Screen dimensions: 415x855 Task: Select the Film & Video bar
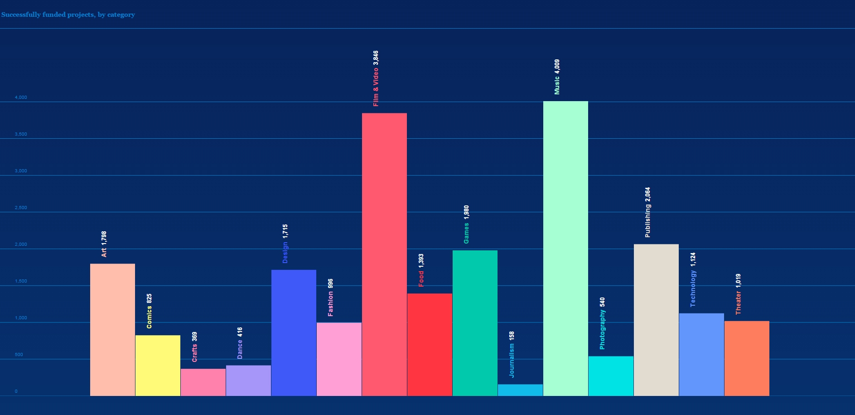pos(384,254)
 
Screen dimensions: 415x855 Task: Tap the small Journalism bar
pos(520,390)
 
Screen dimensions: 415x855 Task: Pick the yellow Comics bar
pos(158,366)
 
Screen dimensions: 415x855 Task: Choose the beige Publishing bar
pos(656,320)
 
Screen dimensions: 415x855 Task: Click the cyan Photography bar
pos(611,376)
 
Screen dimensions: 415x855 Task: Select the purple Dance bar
pos(248,381)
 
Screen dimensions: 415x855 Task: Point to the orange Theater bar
pos(747,358)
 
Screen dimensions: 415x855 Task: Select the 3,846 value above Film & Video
pos(376,58)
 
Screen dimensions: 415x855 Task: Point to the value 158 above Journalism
pos(512,336)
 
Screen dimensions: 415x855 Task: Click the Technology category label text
pos(693,288)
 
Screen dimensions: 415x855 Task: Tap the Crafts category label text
pos(194,353)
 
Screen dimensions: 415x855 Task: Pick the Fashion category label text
pos(330,304)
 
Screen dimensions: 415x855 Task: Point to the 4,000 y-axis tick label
pos(21,98)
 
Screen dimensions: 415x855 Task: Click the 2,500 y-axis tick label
pos(21,208)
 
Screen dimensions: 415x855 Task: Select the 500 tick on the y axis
pos(19,355)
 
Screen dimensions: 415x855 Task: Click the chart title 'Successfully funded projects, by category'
pos(68,15)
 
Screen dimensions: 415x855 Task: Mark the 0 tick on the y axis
pos(16,391)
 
